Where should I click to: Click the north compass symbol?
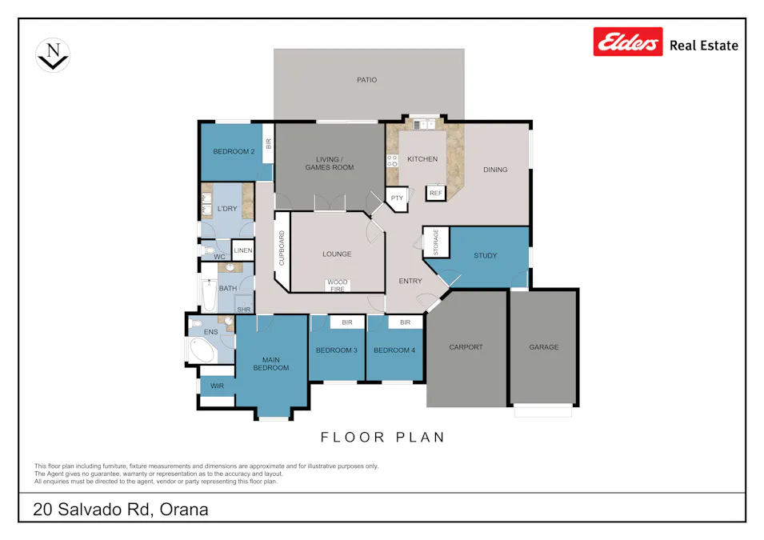click(53, 56)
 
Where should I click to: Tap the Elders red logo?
click(628, 42)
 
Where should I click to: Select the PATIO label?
click(366, 80)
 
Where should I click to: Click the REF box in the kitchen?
click(435, 194)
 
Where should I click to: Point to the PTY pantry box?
click(397, 198)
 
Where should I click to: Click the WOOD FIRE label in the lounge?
click(337, 285)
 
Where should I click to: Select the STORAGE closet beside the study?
click(435, 242)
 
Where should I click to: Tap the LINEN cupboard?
click(243, 251)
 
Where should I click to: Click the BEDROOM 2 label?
click(233, 152)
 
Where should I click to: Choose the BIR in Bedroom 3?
click(347, 322)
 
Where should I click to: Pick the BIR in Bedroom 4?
click(405, 322)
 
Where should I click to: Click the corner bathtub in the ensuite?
click(201, 350)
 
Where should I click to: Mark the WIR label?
click(217, 386)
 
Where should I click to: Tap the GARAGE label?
click(543, 347)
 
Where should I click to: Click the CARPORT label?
click(466, 347)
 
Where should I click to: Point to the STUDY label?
click(485, 256)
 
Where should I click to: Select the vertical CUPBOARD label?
click(282, 250)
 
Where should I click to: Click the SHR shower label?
click(243, 309)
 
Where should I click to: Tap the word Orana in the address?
click(185, 510)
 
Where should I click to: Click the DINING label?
click(495, 170)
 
